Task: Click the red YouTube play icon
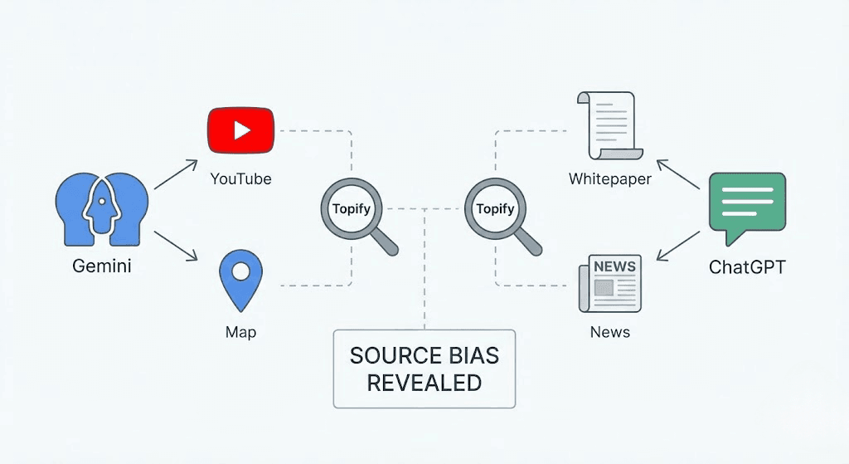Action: click(240, 131)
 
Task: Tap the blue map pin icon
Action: click(240, 281)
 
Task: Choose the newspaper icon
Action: click(609, 283)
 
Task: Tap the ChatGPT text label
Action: click(747, 267)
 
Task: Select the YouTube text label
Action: click(240, 178)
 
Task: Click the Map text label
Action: click(240, 332)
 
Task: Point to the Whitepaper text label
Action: click(609, 178)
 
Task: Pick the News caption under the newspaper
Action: click(609, 332)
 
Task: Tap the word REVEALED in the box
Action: click(424, 383)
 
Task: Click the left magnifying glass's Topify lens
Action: click(351, 208)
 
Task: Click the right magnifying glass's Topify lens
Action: click(495, 208)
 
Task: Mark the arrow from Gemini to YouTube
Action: click(176, 174)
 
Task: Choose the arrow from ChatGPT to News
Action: click(678, 247)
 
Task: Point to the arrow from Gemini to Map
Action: click(176, 246)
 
